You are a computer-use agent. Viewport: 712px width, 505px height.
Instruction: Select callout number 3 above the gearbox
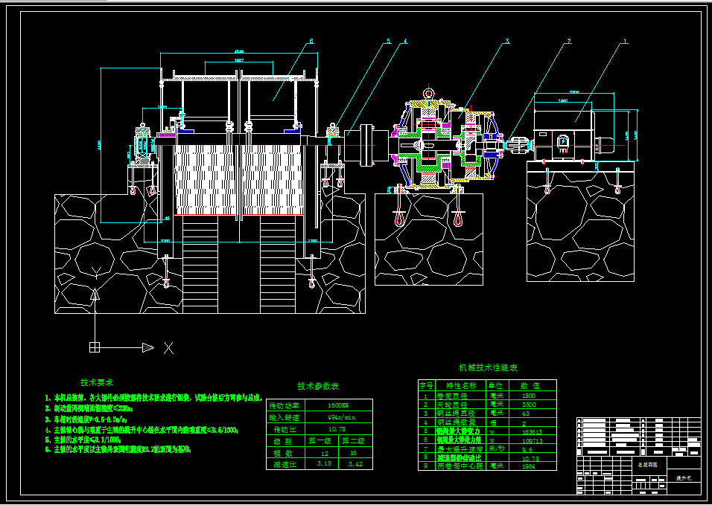[x=507, y=41]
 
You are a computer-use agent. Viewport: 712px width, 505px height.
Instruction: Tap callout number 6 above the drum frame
[x=311, y=41]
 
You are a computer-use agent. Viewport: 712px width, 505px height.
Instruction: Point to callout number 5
[x=387, y=42]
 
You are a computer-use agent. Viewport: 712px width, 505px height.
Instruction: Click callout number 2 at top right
[x=568, y=41]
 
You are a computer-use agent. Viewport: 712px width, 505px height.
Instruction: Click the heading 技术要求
[x=97, y=382]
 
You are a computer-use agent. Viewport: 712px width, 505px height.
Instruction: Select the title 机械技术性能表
[x=488, y=368]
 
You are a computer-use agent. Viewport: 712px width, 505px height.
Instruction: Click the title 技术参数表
[x=318, y=387]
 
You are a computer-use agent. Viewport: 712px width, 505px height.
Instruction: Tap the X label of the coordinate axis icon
[x=169, y=347]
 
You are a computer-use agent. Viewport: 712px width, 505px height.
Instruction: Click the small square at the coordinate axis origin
[x=95, y=347]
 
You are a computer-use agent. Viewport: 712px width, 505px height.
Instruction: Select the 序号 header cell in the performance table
[x=426, y=386]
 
